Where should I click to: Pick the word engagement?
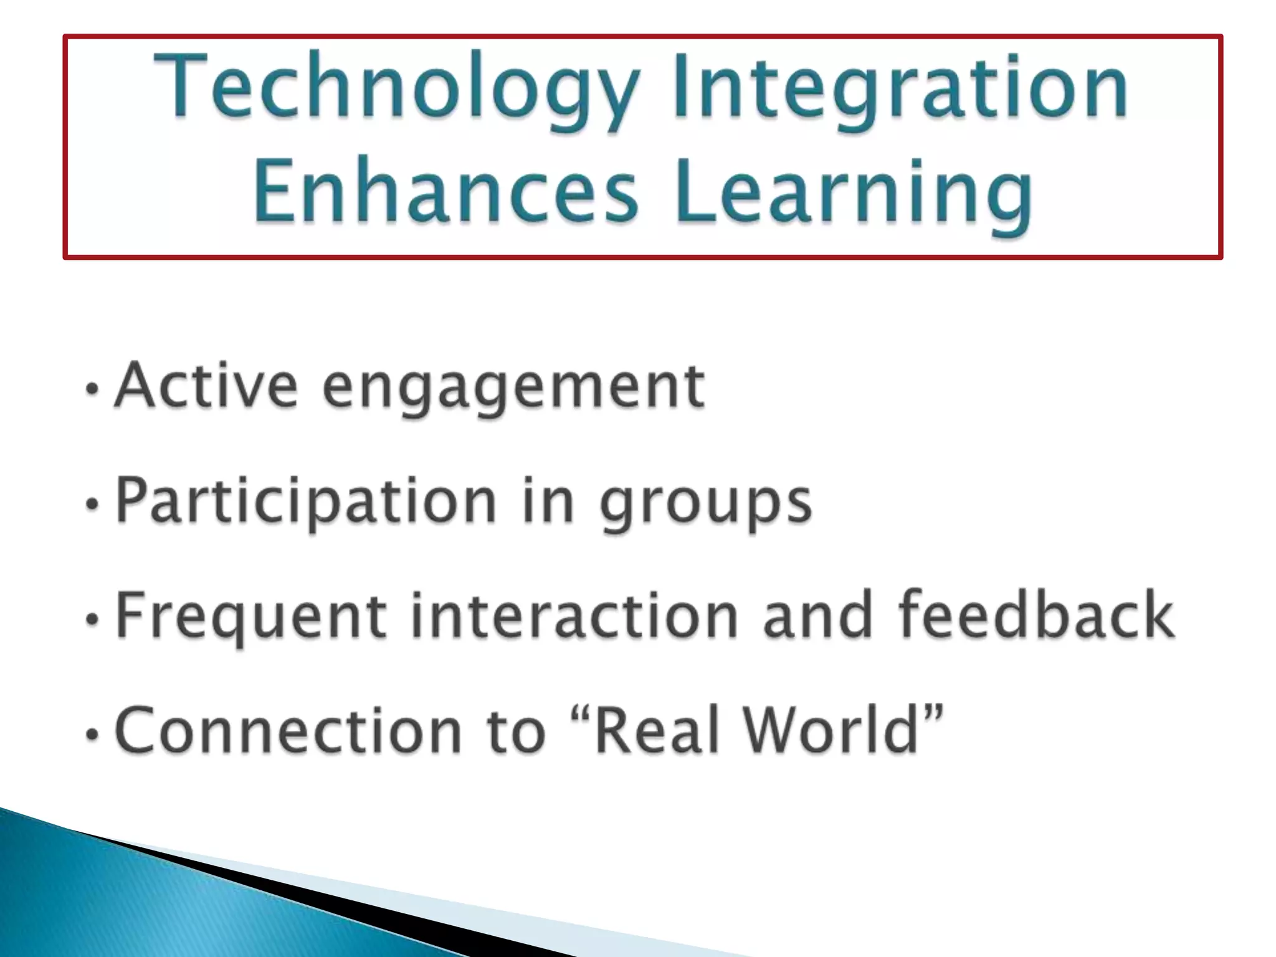pyautogui.click(x=514, y=389)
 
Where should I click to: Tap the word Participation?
pyautogui.click(x=306, y=502)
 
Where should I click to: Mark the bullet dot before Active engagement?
pyautogui.click(x=92, y=389)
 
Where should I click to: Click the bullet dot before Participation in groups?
pyautogui.click(x=92, y=504)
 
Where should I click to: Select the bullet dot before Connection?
pyautogui.click(x=92, y=734)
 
